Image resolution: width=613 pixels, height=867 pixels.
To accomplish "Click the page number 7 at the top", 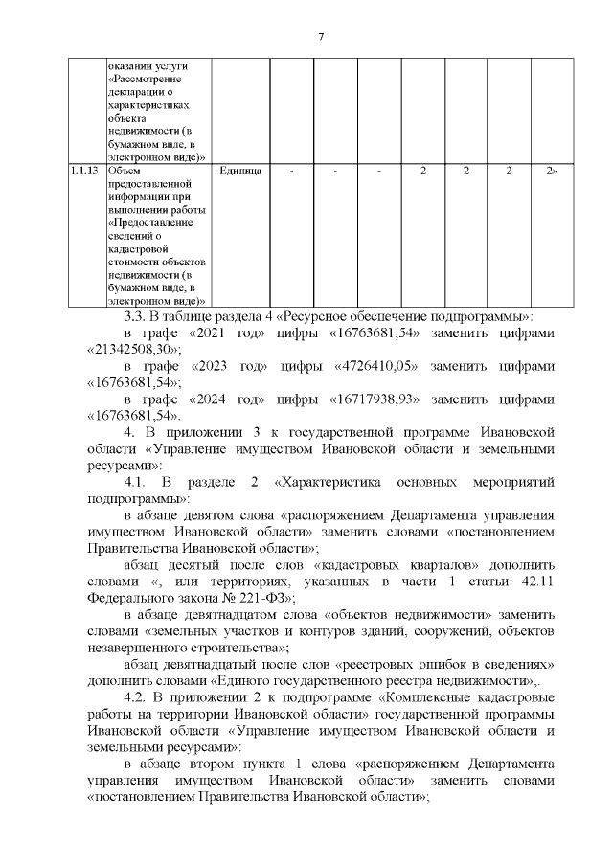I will coord(322,36).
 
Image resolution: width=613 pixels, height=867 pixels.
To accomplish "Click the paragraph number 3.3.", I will coord(135,317).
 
